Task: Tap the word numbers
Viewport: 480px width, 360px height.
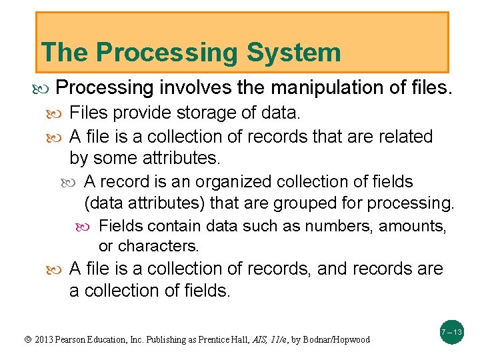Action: (x=339, y=226)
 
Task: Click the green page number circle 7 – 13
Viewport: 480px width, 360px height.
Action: (x=451, y=332)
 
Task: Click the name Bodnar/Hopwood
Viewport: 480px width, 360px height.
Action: (x=336, y=340)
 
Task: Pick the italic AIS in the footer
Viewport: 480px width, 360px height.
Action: (x=259, y=340)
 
